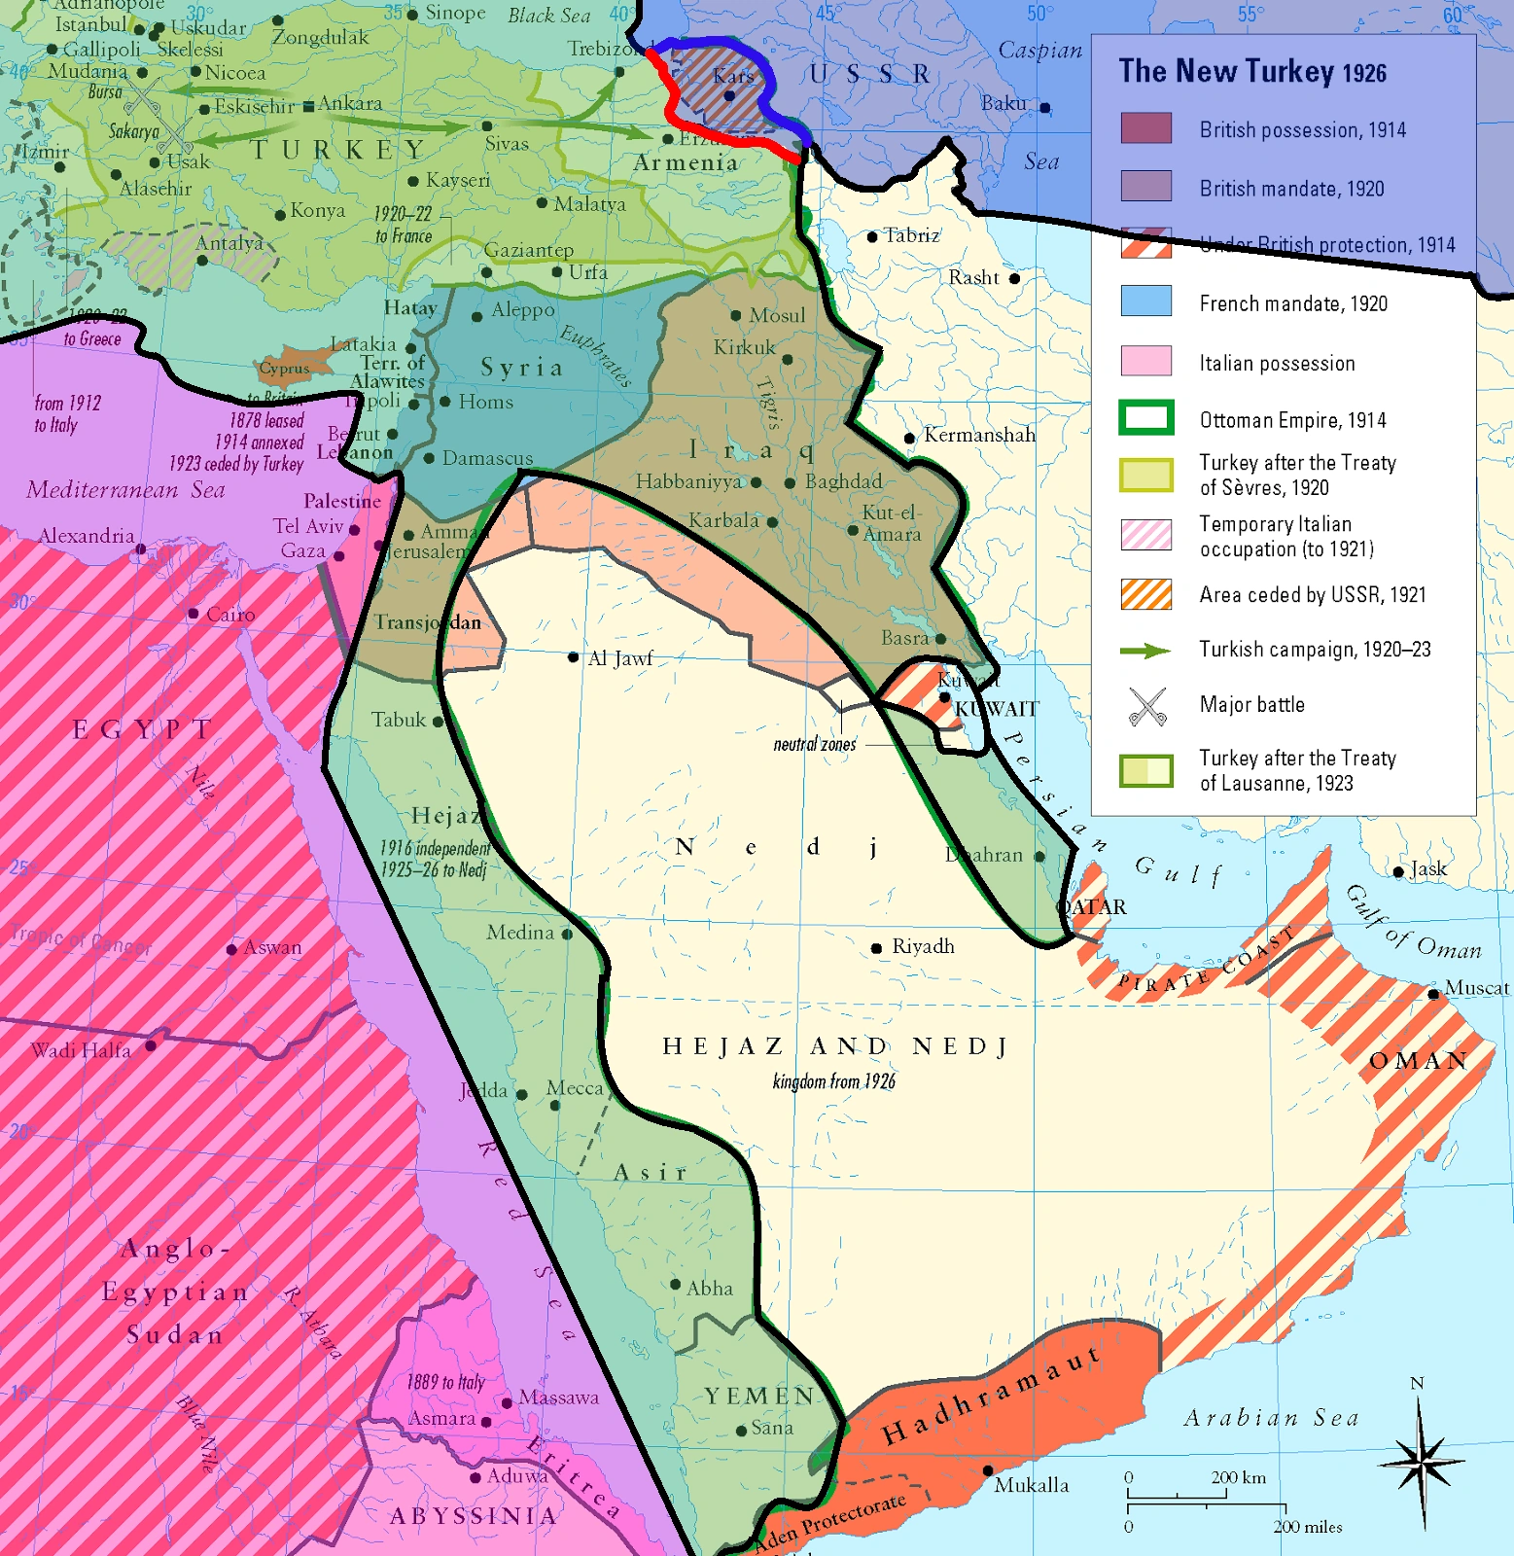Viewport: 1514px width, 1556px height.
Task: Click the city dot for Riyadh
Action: click(x=876, y=948)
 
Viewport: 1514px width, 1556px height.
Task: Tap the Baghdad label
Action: click(x=843, y=481)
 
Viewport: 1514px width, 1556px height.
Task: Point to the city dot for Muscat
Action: click(x=1432, y=994)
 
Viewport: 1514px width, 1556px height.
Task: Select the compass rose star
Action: click(x=1422, y=1461)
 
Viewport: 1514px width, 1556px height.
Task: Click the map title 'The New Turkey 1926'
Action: click(x=1252, y=72)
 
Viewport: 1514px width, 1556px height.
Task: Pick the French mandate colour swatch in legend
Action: click(x=1145, y=301)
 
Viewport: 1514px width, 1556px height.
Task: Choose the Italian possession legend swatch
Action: click(x=1145, y=361)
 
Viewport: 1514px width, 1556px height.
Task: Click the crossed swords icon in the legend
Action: click(x=1147, y=707)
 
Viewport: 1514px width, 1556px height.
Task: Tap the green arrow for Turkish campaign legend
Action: click(x=1145, y=651)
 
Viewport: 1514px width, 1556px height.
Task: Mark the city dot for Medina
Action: click(x=567, y=934)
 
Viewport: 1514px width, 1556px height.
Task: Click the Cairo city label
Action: click(x=230, y=615)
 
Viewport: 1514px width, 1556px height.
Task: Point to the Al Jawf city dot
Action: click(x=574, y=657)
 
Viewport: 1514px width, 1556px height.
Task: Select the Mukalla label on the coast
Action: click(x=1031, y=1485)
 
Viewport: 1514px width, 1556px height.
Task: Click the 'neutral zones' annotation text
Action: click(x=815, y=745)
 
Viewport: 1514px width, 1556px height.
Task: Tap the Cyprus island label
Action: click(x=284, y=369)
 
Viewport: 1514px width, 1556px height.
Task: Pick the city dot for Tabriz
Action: click(x=872, y=236)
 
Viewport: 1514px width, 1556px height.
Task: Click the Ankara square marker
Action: click(x=308, y=106)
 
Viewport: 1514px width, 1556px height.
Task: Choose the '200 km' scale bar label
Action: click(x=1238, y=1477)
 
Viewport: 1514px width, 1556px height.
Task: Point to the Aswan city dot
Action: click(x=231, y=949)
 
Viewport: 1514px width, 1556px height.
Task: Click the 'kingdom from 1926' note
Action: click(x=833, y=1081)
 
